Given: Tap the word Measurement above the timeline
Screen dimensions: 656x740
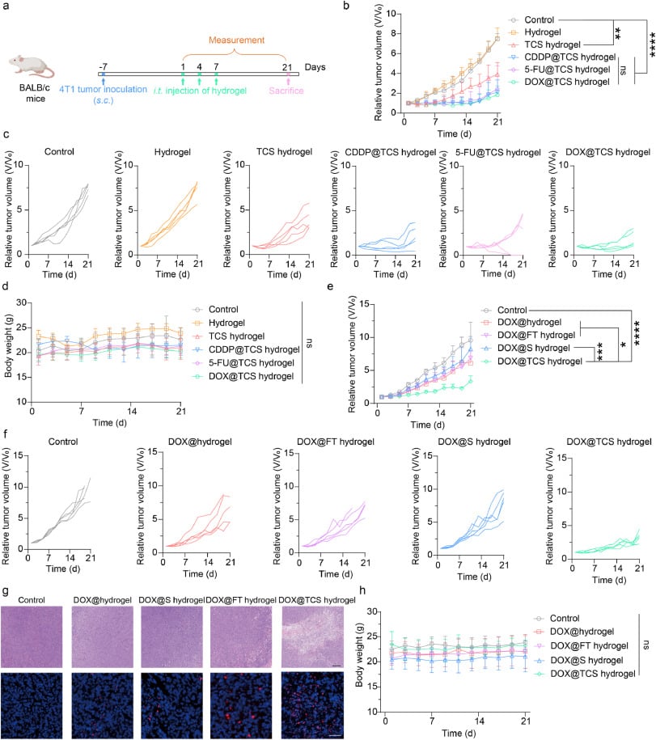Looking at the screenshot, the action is click(236, 40).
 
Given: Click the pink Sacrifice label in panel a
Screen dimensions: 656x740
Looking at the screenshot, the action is click(286, 91).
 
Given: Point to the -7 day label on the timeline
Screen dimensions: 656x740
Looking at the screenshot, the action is click(103, 67).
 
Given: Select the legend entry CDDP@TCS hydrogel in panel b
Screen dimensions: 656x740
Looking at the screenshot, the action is click(569, 57).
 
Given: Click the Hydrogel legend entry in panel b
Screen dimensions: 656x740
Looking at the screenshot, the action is click(543, 32).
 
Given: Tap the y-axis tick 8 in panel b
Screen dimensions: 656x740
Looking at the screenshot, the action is click(393, 33).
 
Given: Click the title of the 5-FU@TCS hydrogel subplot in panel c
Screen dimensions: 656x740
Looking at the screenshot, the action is click(498, 152).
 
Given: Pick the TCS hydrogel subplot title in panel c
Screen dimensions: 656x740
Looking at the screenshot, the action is click(284, 151).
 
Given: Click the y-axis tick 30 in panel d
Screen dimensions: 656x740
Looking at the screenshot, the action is click(21, 302).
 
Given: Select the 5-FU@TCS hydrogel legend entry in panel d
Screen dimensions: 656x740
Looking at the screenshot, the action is click(251, 363).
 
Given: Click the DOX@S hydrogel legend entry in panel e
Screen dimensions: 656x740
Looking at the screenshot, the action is click(534, 348).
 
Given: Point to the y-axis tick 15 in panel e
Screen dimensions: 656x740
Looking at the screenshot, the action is click(363, 304).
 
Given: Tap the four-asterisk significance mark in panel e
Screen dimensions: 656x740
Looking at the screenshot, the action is click(637, 333).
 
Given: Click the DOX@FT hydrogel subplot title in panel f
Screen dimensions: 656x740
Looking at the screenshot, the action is click(336, 442).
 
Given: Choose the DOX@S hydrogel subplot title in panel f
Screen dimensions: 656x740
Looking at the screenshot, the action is click(474, 442).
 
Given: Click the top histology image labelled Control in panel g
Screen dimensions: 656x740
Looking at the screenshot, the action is click(32, 636).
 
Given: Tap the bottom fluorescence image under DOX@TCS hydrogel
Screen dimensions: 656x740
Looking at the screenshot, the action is click(312, 705).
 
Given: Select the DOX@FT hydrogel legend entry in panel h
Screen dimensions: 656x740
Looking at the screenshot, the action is click(589, 645).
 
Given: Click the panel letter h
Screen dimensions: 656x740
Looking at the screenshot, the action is click(362, 590).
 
